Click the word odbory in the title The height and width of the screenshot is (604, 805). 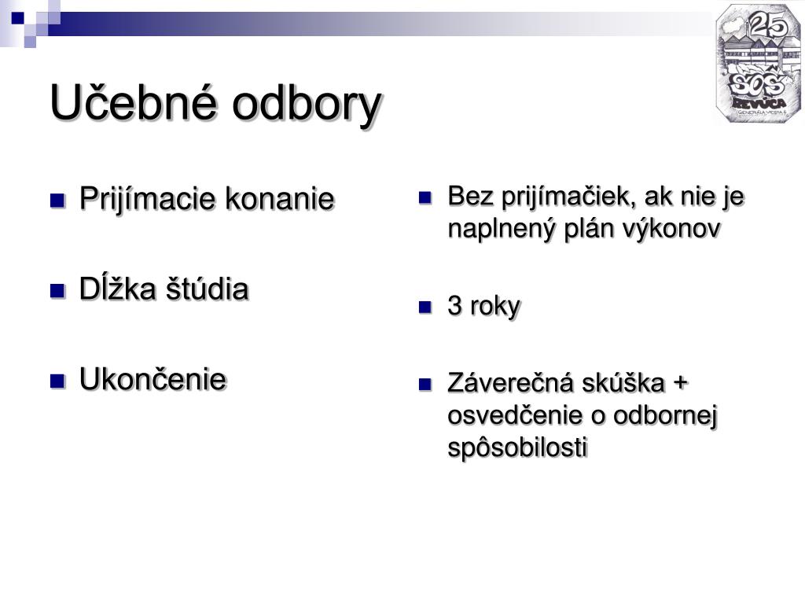click(x=307, y=106)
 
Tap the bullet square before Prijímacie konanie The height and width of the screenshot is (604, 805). click(x=57, y=200)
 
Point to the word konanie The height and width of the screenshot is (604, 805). click(x=280, y=199)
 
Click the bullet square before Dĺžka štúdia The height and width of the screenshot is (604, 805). click(x=57, y=291)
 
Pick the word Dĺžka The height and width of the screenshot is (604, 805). click(x=118, y=288)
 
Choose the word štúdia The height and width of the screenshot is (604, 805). click(x=207, y=288)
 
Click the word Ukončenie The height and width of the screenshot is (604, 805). click(x=153, y=379)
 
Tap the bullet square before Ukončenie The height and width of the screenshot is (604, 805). click(x=57, y=381)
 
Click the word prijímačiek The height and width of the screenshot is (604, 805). click(x=569, y=197)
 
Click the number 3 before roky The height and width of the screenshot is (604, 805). click(x=455, y=306)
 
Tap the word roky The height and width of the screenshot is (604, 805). click(x=495, y=308)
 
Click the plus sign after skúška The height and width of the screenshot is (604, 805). click(x=679, y=383)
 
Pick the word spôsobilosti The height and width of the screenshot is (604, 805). click(x=517, y=447)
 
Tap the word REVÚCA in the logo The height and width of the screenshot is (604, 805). click(x=759, y=103)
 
